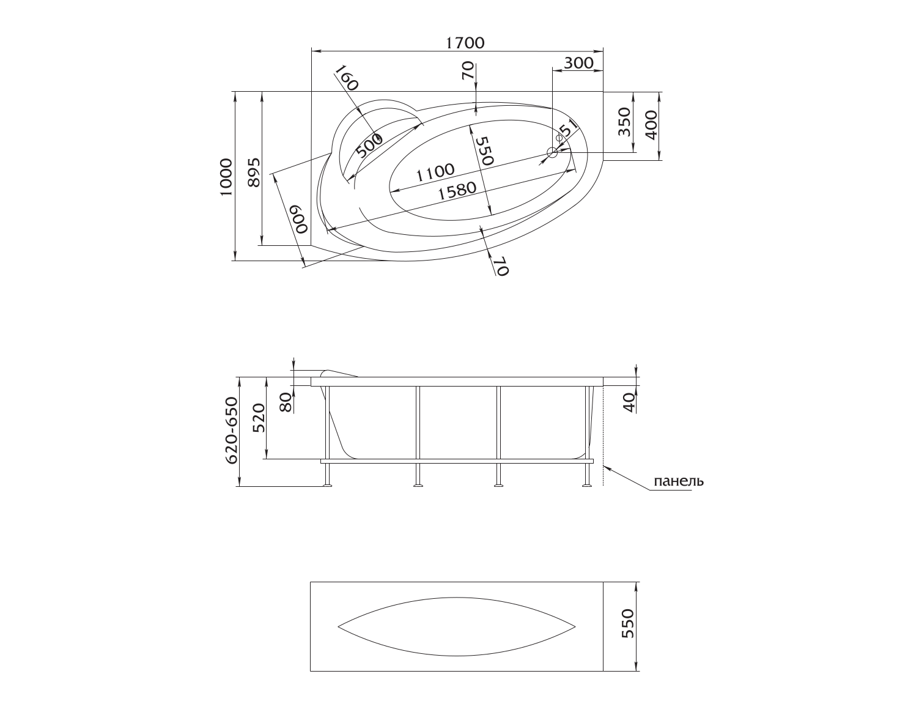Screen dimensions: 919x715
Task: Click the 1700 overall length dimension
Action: pyautogui.click(x=465, y=43)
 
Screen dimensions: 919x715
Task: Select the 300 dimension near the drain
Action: pyautogui.click(x=578, y=63)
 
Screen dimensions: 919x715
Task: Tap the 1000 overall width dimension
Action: pyautogui.click(x=226, y=177)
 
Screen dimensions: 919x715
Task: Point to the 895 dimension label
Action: pyautogui.click(x=253, y=172)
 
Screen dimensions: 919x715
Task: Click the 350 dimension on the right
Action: pyautogui.click(x=624, y=122)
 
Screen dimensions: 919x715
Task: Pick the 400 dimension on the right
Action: pyautogui.click(x=651, y=125)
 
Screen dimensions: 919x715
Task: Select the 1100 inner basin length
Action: pyautogui.click(x=435, y=172)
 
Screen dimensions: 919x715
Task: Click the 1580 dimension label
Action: pyautogui.click(x=457, y=191)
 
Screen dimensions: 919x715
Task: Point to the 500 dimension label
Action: pyautogui.click(x=369, y=145)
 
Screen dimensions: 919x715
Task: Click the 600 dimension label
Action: pyautogui.click(x=300, y=219)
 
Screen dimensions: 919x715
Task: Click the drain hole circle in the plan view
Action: pyautogui.click(x=552, y=153)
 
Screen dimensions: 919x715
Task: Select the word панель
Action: pyautogui.click(x=679, y=481)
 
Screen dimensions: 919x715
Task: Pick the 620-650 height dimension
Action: pyautogui.click(x=232, y=431)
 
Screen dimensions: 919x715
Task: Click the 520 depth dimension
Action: pyautogui.click(x=259, y=418)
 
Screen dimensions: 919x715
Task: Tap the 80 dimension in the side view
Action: pyautogui.click(x=286, y=402)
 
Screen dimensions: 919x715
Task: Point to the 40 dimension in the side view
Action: pyautogui.click(x=630, y=402)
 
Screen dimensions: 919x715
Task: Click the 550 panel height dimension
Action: pyautogui.click(x=628, y=623)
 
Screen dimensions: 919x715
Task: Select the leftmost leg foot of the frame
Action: pyautogui.click(x=327, y=485)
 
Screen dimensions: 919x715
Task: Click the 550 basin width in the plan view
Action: pyautogui.click(x=484, y=151)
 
